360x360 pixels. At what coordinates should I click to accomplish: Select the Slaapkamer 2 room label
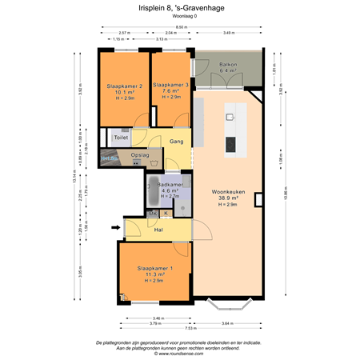[124, 86]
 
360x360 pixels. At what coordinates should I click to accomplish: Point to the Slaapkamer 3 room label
[170, 85]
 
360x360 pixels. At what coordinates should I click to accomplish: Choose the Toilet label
[121, 138]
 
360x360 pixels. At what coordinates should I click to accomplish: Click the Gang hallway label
[177, 142]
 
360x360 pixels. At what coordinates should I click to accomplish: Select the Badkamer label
[170, 186]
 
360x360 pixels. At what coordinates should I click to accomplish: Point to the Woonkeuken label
[228, 193]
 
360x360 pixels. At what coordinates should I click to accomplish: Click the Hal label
[158, 230]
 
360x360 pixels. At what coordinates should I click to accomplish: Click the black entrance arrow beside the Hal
[115, 228]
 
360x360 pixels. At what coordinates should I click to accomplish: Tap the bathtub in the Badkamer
[151, 192]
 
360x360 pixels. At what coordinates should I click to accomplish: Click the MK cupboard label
[152, 213]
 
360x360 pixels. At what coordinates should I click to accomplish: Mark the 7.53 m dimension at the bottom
[190, 327]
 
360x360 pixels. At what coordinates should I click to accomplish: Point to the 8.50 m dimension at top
[182, 27]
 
